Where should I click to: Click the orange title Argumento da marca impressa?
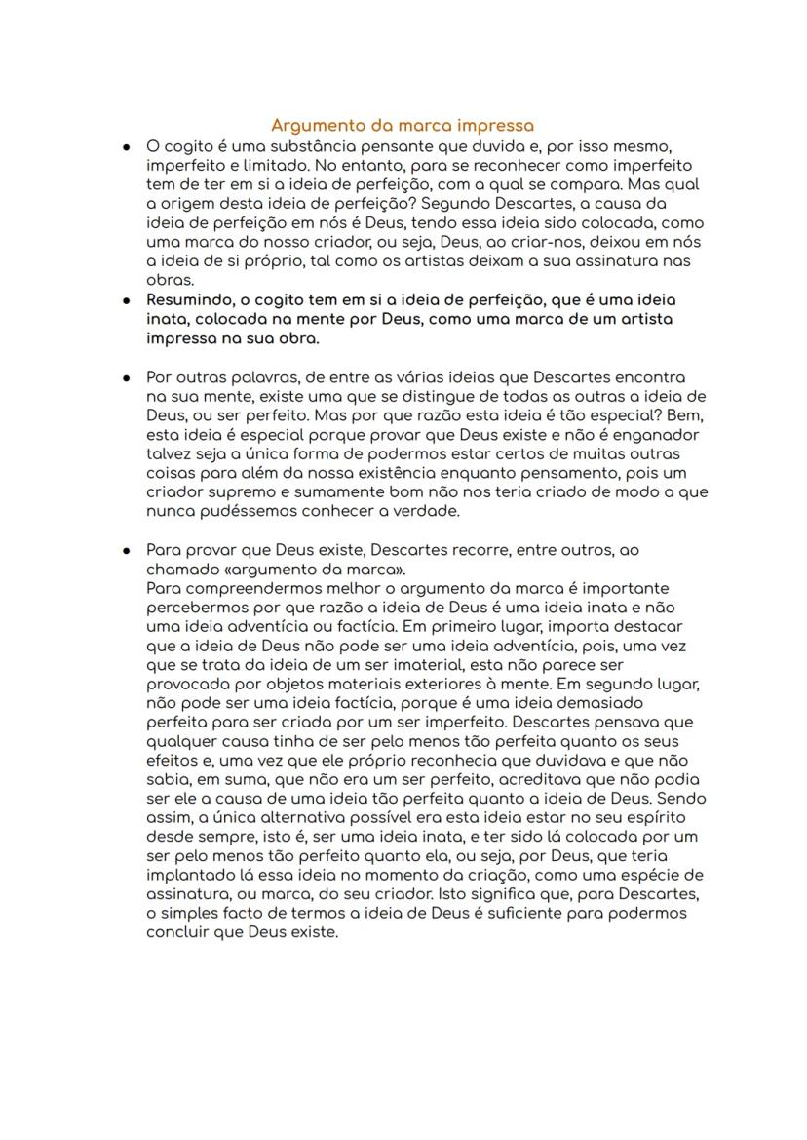[x=403, y=126]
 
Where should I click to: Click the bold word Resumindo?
[x=188, y=300]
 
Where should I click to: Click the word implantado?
[x=190, y=875]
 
